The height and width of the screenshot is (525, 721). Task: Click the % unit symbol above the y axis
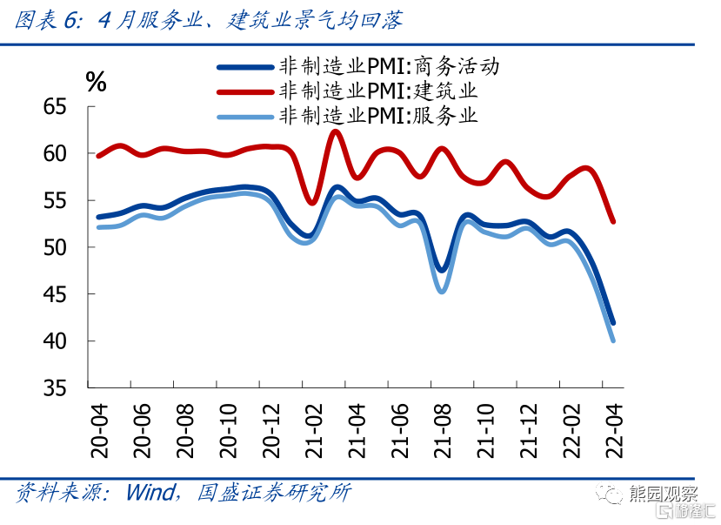pyautogui.click(x=96, y=82)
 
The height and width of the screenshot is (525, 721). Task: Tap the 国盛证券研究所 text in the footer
pyautogui.click(x=275, y=492)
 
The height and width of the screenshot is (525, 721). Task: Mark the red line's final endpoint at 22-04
pyautogui.click(x=613, y=221)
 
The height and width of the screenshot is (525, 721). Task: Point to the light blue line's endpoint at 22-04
pyautogui.click(x=613, y=340)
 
